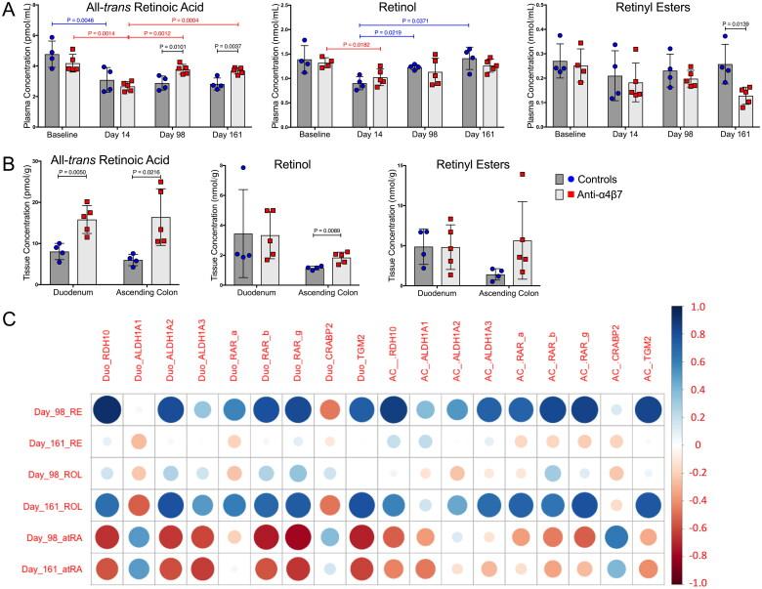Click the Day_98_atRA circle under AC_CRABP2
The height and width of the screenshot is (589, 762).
(x=615, y=536)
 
